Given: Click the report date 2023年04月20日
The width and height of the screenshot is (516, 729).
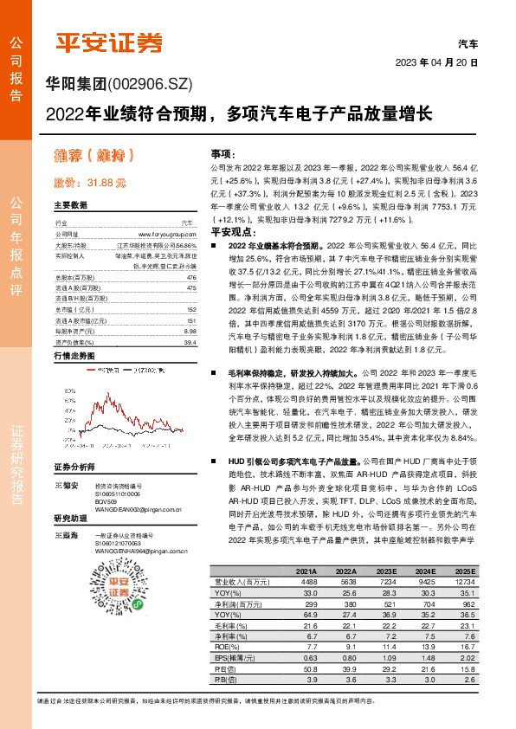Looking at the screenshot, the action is pos(437,64).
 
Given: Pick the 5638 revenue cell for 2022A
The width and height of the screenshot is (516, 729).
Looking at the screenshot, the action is pos(344,582).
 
